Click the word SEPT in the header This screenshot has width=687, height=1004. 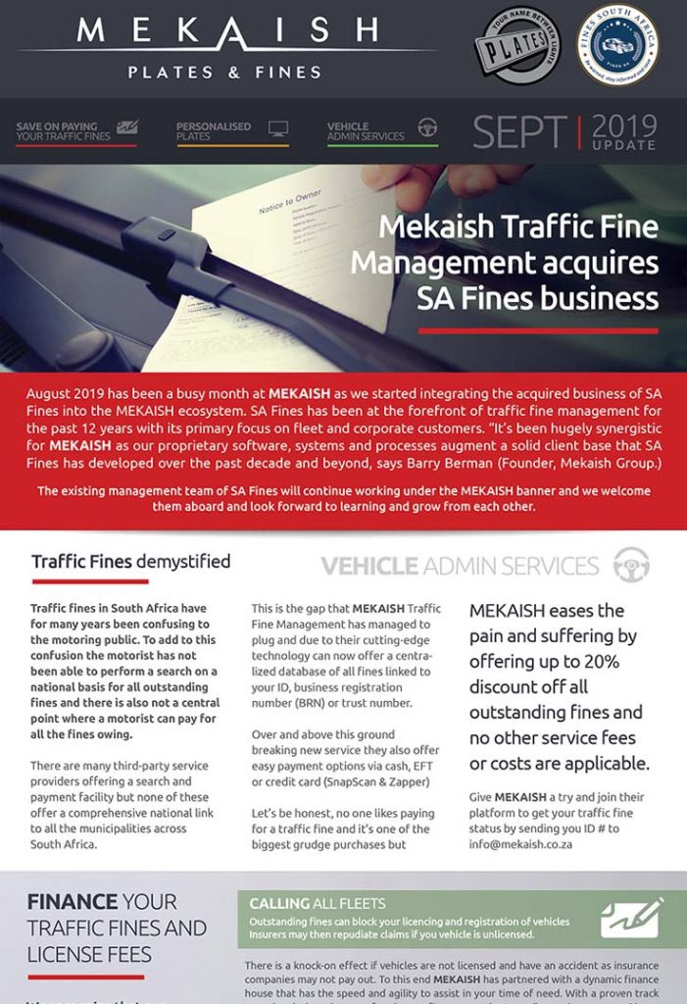point(519,132)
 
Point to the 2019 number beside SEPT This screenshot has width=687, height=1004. point(624,125)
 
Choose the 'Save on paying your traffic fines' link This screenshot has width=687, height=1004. point(64,131)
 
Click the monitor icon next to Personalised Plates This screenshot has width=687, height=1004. point(278,128)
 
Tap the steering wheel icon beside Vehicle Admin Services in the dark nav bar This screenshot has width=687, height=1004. point(427,128)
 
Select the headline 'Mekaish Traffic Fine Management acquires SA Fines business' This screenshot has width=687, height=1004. point(504,262)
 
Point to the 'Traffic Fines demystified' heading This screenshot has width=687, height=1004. point(130,562)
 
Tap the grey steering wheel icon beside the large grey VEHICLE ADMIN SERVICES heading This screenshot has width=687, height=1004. point(631,565)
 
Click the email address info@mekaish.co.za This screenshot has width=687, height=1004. point(520,843)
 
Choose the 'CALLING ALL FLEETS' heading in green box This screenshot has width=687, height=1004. point(317,903)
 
